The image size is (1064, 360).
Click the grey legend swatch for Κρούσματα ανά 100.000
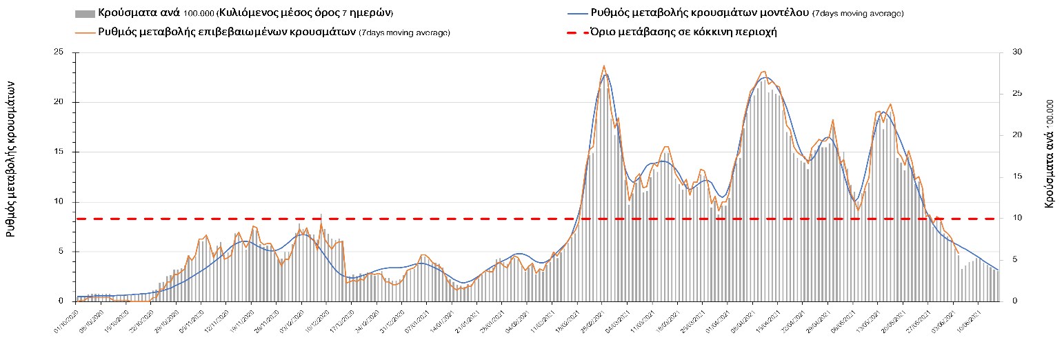click(x=84, y=14)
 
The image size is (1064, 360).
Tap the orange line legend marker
click(x=84, y=32)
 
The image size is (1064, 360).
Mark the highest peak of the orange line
click(x=604, y=66)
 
